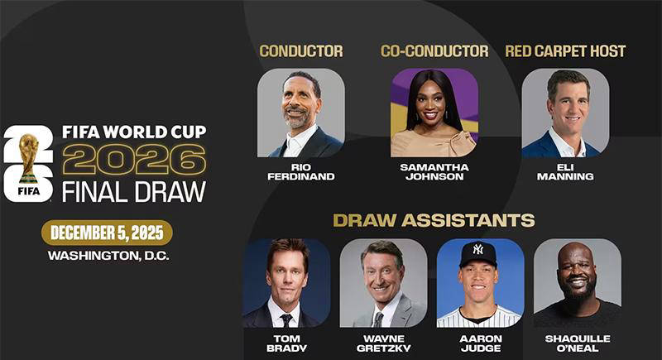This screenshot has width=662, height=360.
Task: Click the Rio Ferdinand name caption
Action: click(x=301, y=172)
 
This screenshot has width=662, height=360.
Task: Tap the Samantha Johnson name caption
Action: click(x=434, y=172)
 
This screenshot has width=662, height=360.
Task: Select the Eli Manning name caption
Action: click(x=565, y=172)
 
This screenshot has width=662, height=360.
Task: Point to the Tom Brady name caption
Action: click(x=286, y=343)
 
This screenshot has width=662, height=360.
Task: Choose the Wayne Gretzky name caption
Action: click(x=383, y=343)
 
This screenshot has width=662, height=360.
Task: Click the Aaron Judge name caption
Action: click(x=481, y=343)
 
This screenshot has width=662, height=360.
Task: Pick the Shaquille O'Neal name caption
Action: click(x=578, y=343)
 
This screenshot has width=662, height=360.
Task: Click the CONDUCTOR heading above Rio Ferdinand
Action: click(x=301, y=51)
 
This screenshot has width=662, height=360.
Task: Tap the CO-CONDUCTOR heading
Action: click(x=434, y=51)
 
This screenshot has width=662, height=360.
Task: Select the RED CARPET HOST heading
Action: click(x=565, y=51)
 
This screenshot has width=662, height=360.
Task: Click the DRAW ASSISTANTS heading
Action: click(x=434, y=220)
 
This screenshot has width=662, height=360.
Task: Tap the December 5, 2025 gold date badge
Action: click(x=107, y=233)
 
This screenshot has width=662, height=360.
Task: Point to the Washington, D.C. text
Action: click(x=108, y=256)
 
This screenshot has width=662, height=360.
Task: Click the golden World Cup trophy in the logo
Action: click(x=29, y=158)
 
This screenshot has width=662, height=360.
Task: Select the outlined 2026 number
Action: click(x=134, y=159)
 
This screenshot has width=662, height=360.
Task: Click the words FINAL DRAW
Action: click(x=134, y=192)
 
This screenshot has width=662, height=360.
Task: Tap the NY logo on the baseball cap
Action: click(x=477, y=249)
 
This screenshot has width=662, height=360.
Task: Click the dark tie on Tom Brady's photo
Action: click(x=286, y=320)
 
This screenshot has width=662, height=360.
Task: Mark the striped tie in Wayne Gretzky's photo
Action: click(x=378, y=319)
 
